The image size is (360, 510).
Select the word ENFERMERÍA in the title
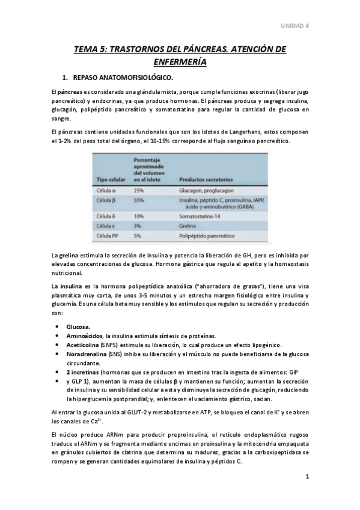(180, 62)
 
